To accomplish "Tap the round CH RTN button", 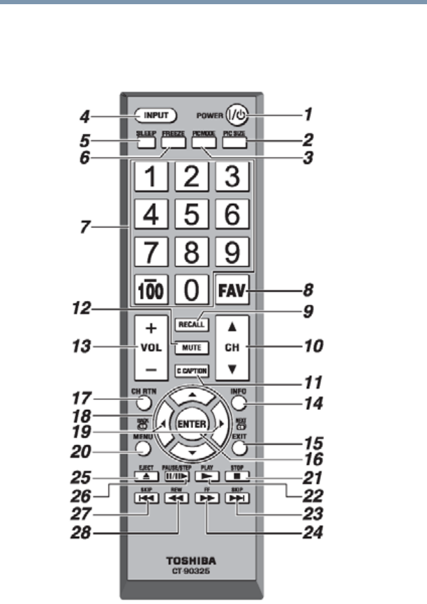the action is (x=142, y=403).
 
